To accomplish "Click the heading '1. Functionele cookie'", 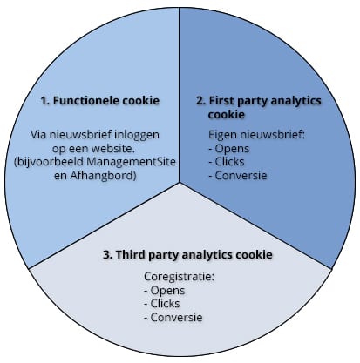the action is tap(100, 101).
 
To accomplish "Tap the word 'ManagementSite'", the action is tap(132, 162).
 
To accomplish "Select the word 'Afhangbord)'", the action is tap(103, 176).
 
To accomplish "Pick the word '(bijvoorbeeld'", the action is tap(49, 162).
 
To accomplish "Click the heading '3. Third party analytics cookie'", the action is tap(188, 254).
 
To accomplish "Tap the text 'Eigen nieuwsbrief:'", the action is tap(257, 135).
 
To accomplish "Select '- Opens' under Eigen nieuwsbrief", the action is tap(229, 149).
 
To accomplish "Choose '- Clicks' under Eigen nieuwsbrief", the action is tap(227, 162).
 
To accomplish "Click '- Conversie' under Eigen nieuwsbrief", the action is tap(238, 175).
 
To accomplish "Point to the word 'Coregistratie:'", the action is tap(180, 277).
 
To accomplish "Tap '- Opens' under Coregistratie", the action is tap(165, 291).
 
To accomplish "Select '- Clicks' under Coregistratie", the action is tap(162, 304).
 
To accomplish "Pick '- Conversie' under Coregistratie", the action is tap(173, 317).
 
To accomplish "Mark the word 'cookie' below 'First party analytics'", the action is tap(227, 114).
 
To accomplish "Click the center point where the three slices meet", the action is tap(180, 183).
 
